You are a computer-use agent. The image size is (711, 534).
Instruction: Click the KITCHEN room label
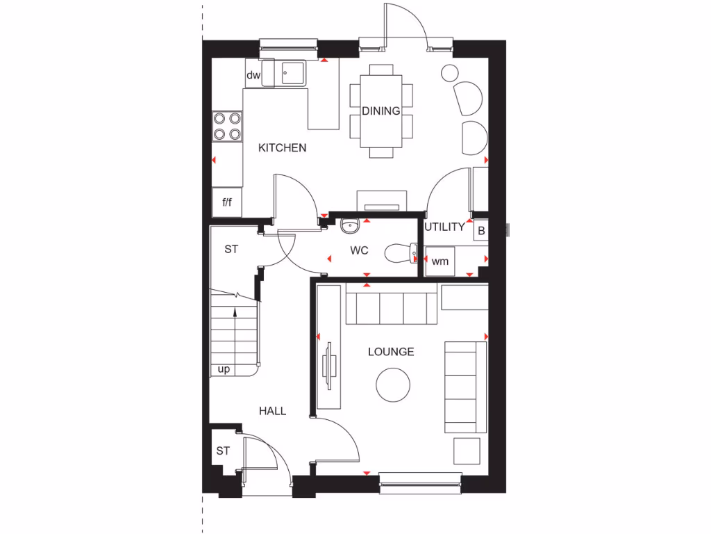click(x=282, y=147)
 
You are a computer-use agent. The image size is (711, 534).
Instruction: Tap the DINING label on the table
click(x=380, y=111)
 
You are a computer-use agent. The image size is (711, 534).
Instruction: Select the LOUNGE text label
click(x=391, y=352)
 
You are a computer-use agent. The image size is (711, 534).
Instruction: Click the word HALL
click(x=273, y=411)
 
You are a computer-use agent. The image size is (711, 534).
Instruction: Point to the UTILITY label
click(x=444, y=227)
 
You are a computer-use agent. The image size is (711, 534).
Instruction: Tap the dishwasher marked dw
click(x=253, y=75)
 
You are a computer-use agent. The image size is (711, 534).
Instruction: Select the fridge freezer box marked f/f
click(x=226, y=202)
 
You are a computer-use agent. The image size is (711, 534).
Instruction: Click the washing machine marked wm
click(x=440, y=261)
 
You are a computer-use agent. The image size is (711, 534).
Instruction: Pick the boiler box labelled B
click(x=480, y=230)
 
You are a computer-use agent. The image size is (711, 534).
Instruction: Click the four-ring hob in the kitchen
click(x=227, y=126)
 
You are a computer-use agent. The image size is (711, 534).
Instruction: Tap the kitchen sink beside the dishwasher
click(x=292, y=72)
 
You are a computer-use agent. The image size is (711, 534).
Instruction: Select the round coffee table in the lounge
click(x=394, y=383)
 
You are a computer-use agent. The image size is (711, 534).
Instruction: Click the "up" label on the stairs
click(x=224, y=369)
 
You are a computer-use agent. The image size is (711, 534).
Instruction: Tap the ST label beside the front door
click(x=222, y=451)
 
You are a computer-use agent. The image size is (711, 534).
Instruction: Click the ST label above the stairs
click(x=231, y=249)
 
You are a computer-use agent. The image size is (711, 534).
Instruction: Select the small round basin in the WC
click(x=350, y=225)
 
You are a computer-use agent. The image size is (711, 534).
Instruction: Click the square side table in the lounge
click(x=467, y=451)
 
